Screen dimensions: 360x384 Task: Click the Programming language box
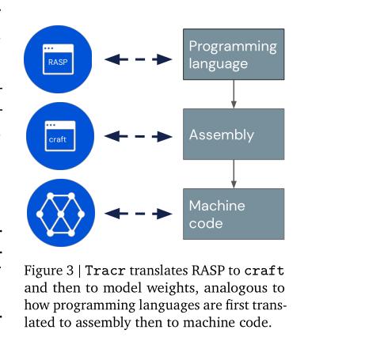[x=234, y=54]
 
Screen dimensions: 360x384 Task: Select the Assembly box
[x=234, y=135]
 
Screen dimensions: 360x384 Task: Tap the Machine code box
[x=234, y=213]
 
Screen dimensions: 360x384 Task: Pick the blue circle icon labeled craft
[x=60, y=135]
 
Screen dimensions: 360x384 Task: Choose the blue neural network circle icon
[x=60, y=214]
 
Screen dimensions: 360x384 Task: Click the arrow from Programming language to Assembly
[x=234, y=93]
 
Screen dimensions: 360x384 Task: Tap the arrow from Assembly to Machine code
[x=234, y=173]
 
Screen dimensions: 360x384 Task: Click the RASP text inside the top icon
[x=57, y=60]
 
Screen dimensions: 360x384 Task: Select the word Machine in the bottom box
[x=216, y=206]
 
